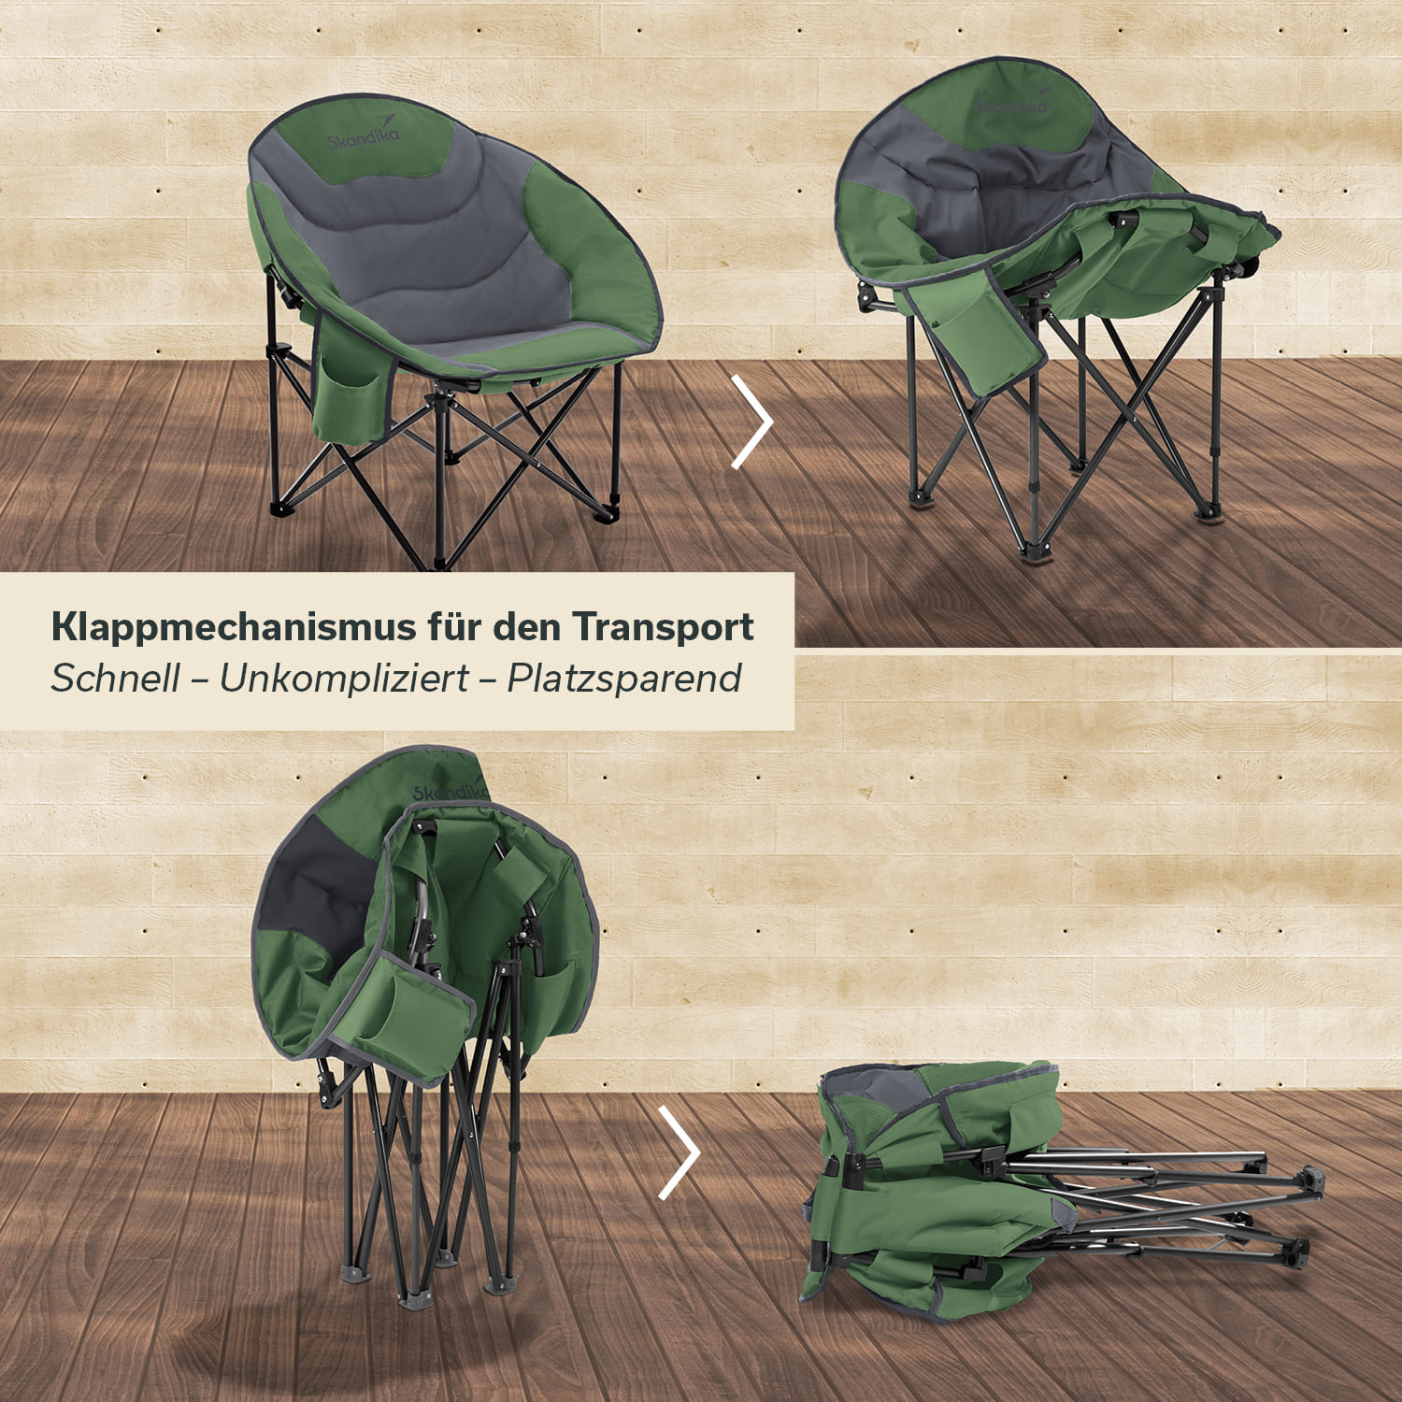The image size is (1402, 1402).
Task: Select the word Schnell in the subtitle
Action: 115,679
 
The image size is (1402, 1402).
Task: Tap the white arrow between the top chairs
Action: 752,422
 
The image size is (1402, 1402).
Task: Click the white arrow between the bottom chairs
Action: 680,1152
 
